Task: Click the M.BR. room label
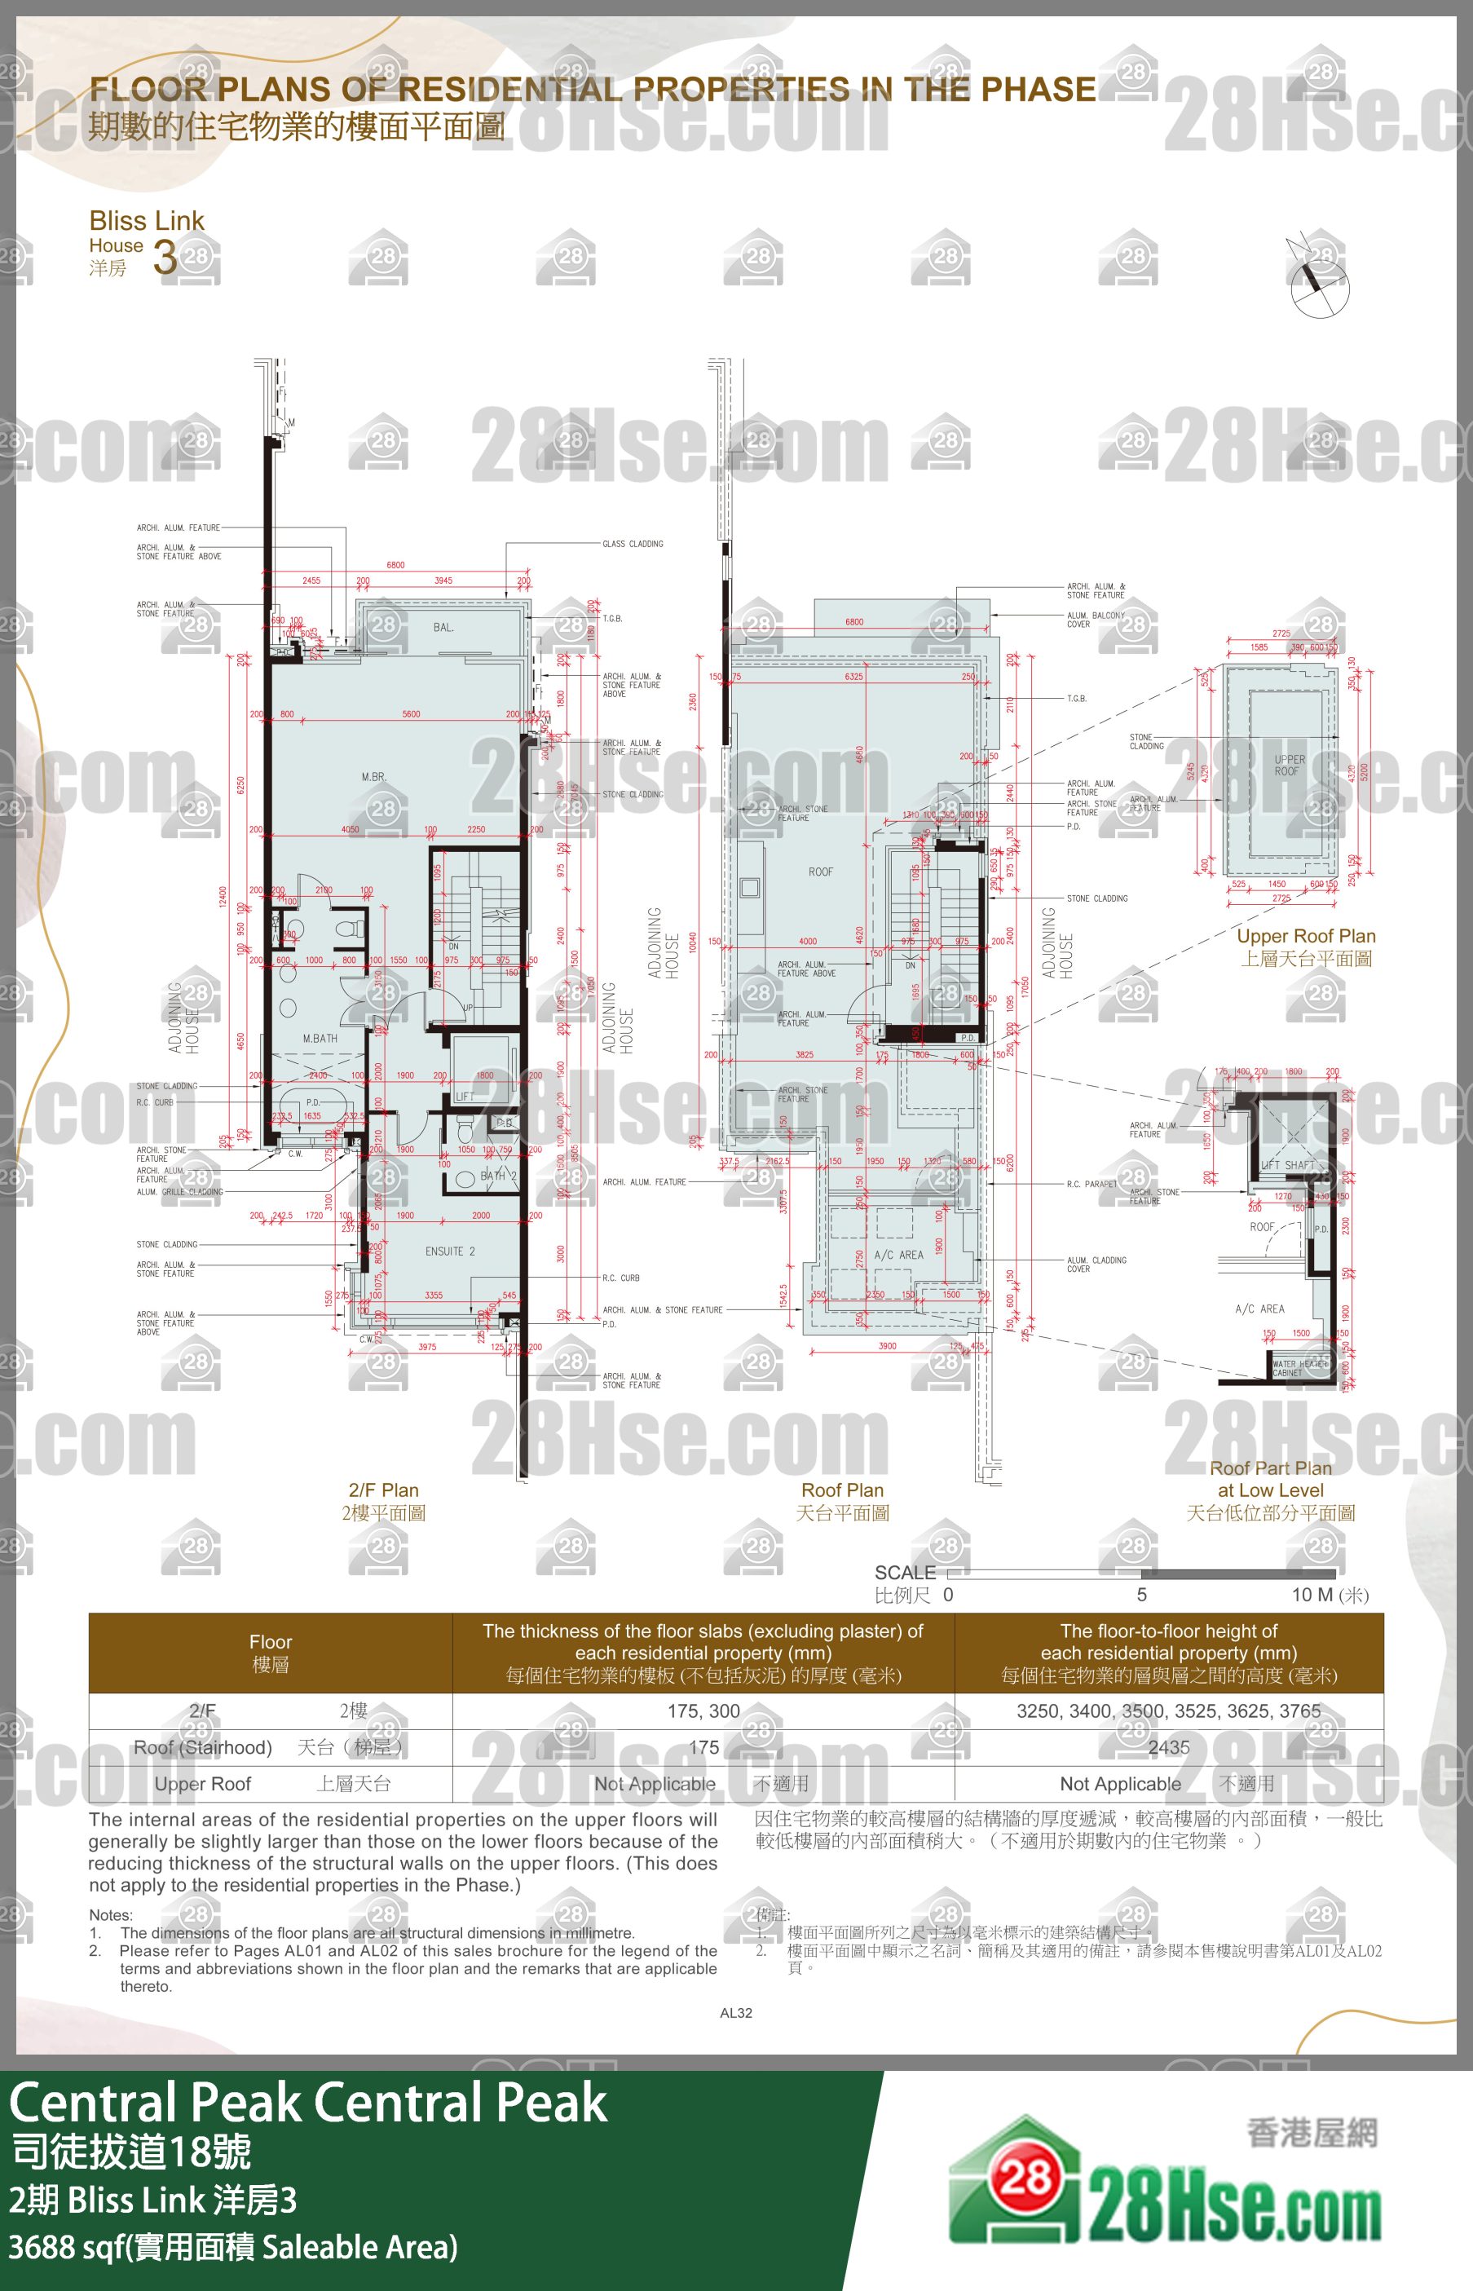(x=374, y=777)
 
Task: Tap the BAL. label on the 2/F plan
(x=443, y=628)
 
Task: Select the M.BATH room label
(x=320, y=1038)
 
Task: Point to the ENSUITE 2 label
(x=449, y=1251)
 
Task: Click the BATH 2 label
(x=497, y=1176)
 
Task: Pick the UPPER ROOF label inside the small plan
(x=1289, y=766)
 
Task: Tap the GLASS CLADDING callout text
(x=633, y=543)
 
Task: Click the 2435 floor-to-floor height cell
(x=1168, y=1746)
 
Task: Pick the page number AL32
(x=735, y=2013)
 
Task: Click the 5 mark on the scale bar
(x=1141, y=1595)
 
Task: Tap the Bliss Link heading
(x=147, y=221)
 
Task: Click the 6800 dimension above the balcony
(x=395, y=564)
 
